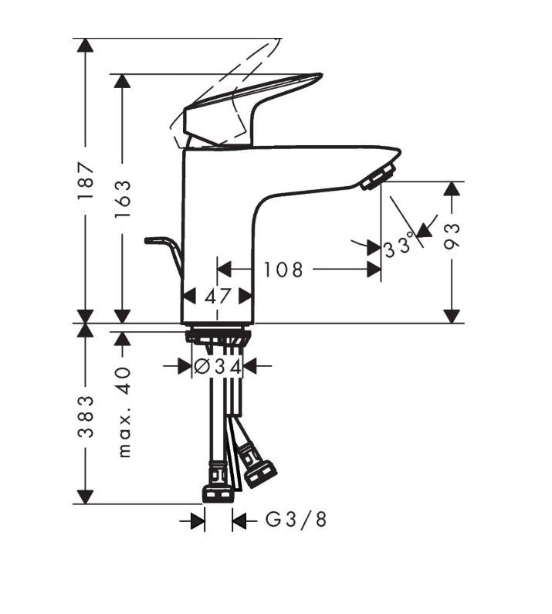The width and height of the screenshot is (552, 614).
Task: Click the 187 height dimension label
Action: (x=86, y=180)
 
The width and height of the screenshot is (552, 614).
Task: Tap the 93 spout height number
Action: (x=452, y=236)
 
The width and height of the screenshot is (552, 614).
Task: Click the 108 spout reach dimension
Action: (x=283, y=270)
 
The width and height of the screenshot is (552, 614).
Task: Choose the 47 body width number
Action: (x=217, y=297)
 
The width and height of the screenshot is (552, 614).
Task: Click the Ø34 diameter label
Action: (x=217, y=367)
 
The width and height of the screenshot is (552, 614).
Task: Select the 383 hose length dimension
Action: (x=86, y=416)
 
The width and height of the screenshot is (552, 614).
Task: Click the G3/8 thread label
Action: (x=296, y=520)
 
